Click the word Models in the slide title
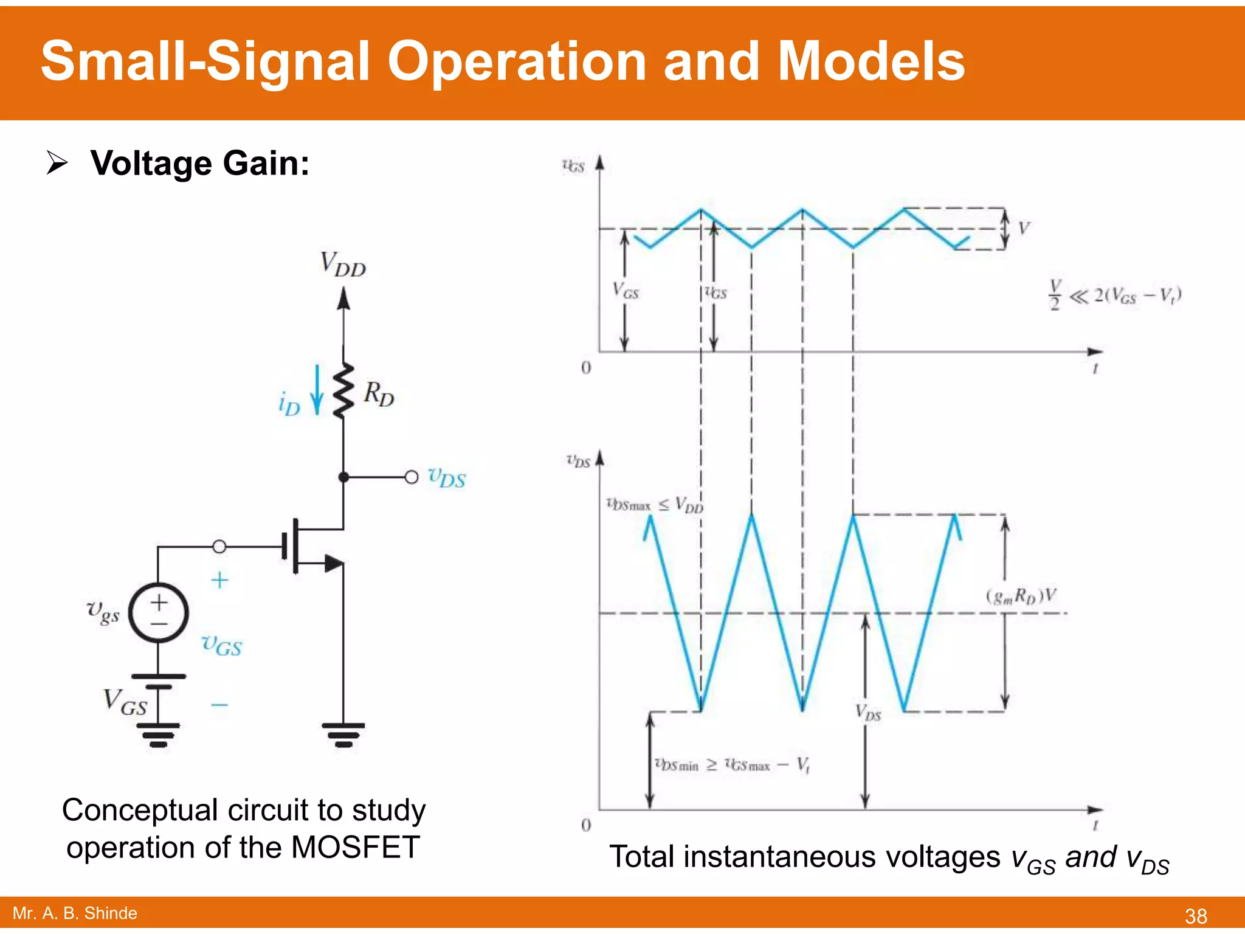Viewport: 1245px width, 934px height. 871,61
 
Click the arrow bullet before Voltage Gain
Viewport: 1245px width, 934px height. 57,163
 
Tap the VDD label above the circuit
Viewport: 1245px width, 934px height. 343,265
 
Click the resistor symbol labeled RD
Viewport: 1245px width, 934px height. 343,390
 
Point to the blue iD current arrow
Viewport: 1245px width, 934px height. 317,390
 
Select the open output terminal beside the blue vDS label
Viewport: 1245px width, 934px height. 412,477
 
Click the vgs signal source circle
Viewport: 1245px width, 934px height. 159,612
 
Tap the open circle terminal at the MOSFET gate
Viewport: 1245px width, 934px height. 219,546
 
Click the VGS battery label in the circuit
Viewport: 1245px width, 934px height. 125,702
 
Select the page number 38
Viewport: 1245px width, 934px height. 1196,916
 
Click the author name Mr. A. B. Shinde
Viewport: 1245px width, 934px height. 75,913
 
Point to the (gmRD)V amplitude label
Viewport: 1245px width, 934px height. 1021,596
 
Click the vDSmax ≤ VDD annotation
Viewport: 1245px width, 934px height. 655,504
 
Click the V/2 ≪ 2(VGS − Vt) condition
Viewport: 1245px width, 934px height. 1115,295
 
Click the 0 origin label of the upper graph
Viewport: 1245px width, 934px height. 586,368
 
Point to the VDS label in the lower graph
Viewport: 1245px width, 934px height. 868,712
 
